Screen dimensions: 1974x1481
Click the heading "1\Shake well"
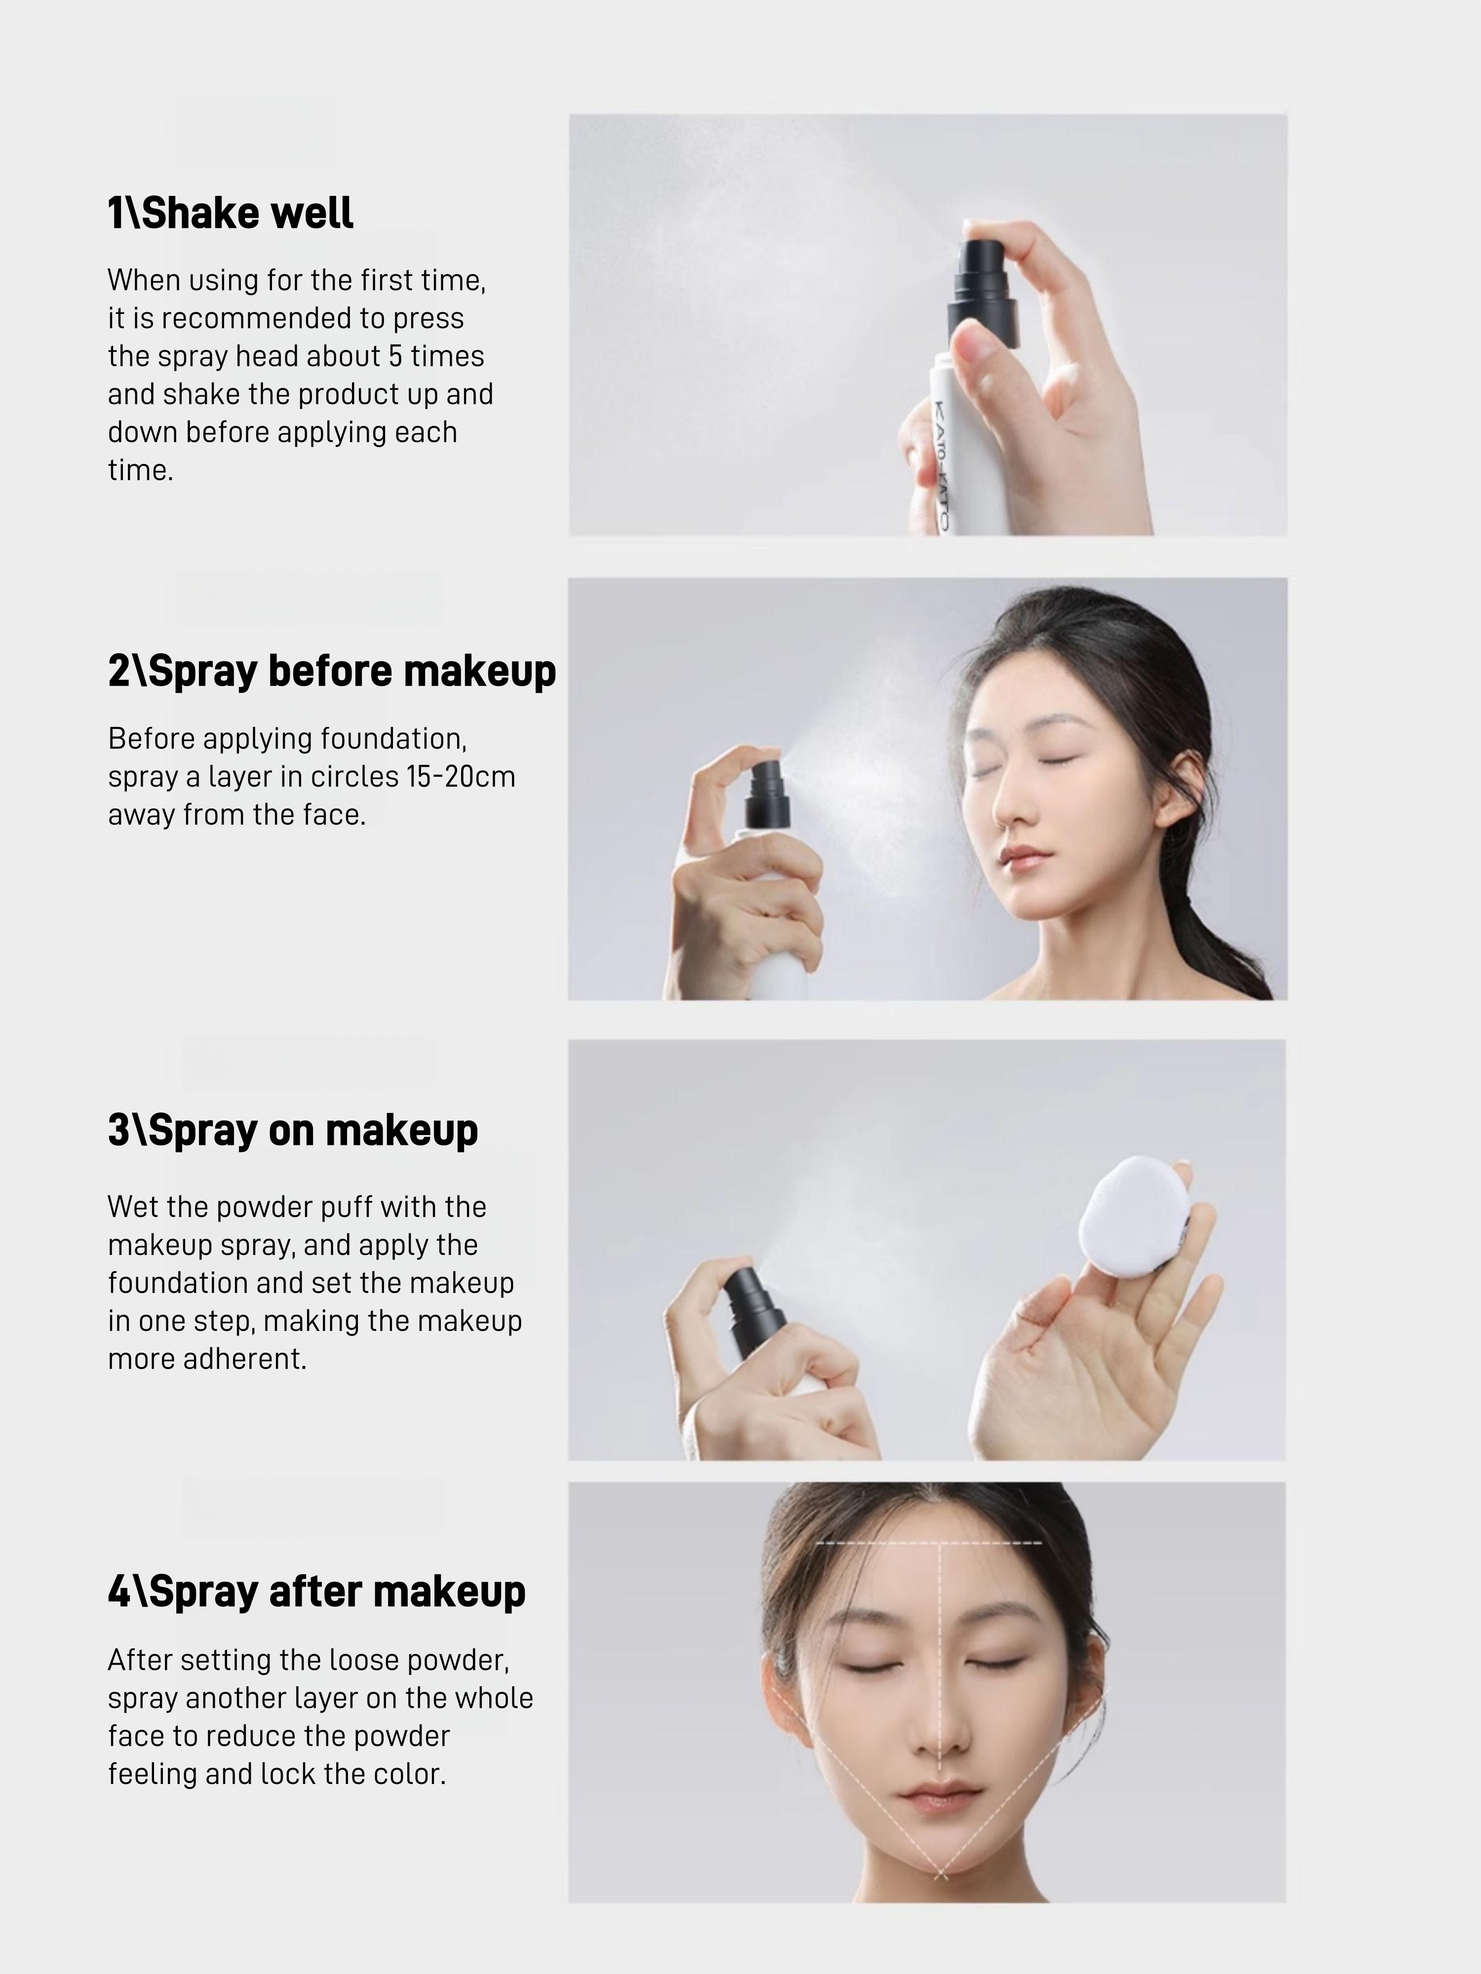[x=231, y=213]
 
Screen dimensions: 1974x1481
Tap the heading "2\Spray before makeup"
[x=331, y=671]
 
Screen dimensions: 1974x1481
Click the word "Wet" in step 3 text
[x=128, y=1208]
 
